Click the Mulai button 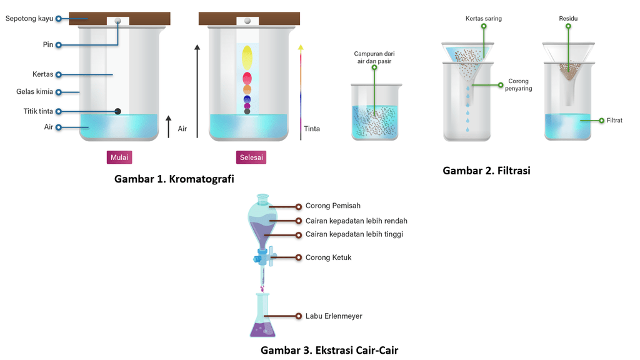(x=119, y=157)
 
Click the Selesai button (x=251, y=157)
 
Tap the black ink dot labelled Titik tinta (x=117, y=111)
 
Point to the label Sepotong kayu (x=29, y=19)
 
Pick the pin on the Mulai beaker (x=117, y=21)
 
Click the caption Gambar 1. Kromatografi (x=174, y=179)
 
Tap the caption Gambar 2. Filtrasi (x=486, y=170)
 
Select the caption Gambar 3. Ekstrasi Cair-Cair (x=329, y=350)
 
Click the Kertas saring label (x=483, y=19)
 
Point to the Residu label (x=568, y=19)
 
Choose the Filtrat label (x=614, y=120)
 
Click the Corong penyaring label (x=519, y=85)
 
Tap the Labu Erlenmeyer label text (x=334, y=316)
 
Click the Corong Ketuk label (x=328, y=257)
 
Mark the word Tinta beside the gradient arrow (x=312, y=129)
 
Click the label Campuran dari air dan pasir (x=374, y=57)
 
